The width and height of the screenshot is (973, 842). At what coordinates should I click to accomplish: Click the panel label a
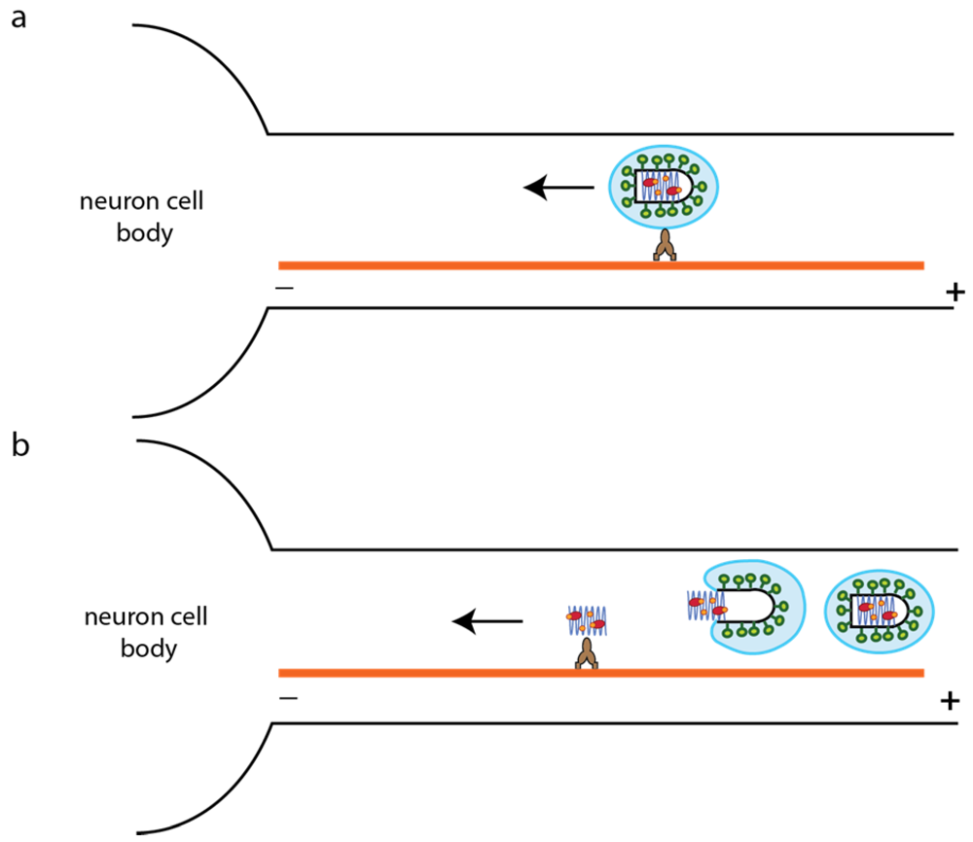pos(18,18)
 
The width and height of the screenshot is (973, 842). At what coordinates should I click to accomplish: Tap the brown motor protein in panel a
pos(664,246)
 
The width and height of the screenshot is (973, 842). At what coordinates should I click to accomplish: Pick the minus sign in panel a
pos(285,289)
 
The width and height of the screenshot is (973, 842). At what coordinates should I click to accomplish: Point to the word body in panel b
pos(148,649)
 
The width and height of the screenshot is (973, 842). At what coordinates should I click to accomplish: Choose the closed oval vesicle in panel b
pos(879,610)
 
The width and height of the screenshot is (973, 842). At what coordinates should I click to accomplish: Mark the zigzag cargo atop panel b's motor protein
pos(587,618)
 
